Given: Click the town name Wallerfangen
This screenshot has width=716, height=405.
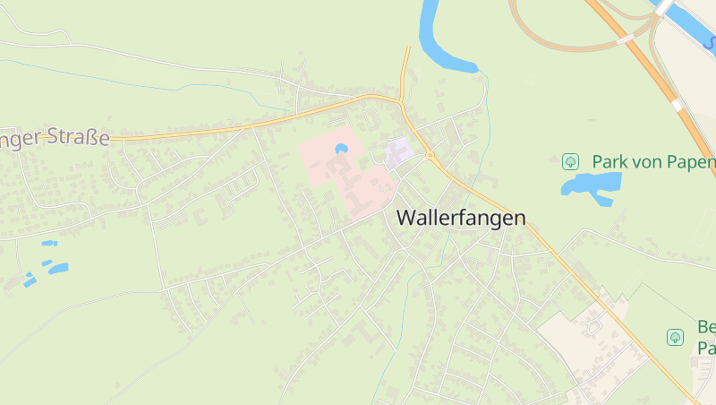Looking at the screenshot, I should point(460,218).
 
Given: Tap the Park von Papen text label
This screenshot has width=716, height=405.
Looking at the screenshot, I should point(652,162).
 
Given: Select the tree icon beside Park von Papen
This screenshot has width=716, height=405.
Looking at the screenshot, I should point(570,162).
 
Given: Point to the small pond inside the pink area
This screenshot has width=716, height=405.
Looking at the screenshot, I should point(340,149).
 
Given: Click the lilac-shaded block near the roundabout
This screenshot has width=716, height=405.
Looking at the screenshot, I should point(398,151).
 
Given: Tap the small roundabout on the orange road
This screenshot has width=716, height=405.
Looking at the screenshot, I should point(430,156).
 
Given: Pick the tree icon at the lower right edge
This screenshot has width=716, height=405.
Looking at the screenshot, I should point(676,337).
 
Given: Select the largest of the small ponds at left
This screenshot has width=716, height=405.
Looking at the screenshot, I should point(58,268).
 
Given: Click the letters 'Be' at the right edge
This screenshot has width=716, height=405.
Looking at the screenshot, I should point(706,327).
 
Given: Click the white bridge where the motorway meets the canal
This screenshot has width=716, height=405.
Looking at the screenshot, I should point(663,7).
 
